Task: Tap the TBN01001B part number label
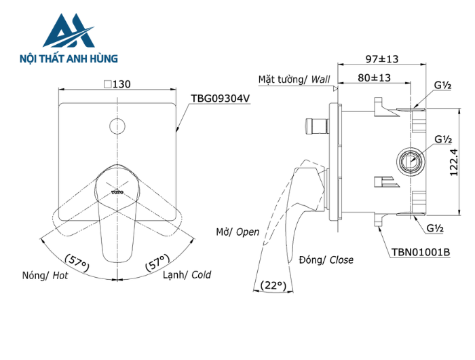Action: pyautogui.click(x=420, y=252)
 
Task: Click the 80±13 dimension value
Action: pyautogui.click(x=375, y=77)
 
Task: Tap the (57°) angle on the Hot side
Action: pyautogui.click(x=78, y=262)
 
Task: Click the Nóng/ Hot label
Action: pyautogui.click(x=44, y=275)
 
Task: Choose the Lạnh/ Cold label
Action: pyautogui.click(x=187, y=275)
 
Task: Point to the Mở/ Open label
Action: pyautogui.click(x=237, y=232)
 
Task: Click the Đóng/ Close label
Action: pyautogui.click(x=326, y=259)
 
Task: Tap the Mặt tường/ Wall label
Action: pyautogui.click(x=294, y=79)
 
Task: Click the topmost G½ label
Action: pyautogui.click(x=443, y=86)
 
